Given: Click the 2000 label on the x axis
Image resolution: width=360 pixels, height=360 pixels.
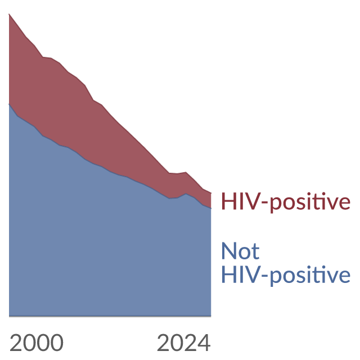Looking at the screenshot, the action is (x=37, y=343).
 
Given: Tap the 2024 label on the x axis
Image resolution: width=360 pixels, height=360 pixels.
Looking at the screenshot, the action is (x=184, y=343).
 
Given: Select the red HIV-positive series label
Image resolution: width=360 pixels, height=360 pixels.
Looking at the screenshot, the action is (x=286, y=202).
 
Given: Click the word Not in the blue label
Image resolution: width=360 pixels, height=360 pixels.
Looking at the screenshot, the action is (x=240, y=251).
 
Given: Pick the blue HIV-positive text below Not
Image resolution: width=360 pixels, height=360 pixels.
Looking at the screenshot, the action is (x=286, y=275).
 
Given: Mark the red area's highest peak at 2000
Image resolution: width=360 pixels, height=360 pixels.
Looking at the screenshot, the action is (x=9, y=14).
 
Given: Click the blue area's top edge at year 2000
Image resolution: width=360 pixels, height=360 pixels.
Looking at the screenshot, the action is (x=9, y=104).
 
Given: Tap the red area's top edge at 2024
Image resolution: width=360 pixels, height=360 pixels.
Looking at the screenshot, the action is (x=211, y=193).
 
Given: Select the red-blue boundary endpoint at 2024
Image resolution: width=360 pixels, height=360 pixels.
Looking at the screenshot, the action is (x=211, y=208).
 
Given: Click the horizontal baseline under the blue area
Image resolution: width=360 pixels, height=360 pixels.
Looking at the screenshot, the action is (x=110, y=316).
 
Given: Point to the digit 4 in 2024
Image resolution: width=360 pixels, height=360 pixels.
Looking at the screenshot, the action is (x=204, y=343).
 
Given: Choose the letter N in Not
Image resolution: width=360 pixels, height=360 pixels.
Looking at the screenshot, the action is (x=229, y=251).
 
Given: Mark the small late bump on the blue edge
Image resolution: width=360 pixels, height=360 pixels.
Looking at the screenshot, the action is (x=186, y=194).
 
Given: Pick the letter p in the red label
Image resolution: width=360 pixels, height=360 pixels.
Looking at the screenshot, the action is (x=276, y=204).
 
